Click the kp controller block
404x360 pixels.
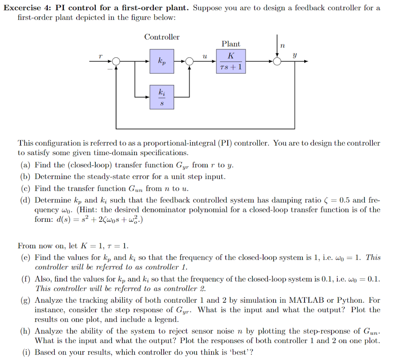(x=162, y=61)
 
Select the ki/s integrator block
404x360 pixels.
(x=162, y=97)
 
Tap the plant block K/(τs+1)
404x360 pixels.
(x=231, y=61)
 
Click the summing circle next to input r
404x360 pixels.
(x=116, y=61)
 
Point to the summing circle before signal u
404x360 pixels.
(x=190, y=61)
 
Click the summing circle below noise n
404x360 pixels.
(x=277, y=61)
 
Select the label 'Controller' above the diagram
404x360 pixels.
(x=162, y=37)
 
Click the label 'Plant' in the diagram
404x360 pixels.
(x=231, y=44)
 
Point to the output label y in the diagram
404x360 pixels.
(x=294, y=56)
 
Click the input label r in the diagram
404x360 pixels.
(x=100, y=57)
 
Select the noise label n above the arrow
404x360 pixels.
(x=282, y=46)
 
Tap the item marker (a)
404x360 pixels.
(x=26, y=165)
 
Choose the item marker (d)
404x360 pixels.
(x=26, y=201)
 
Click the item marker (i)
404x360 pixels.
(x=26, y=352)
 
